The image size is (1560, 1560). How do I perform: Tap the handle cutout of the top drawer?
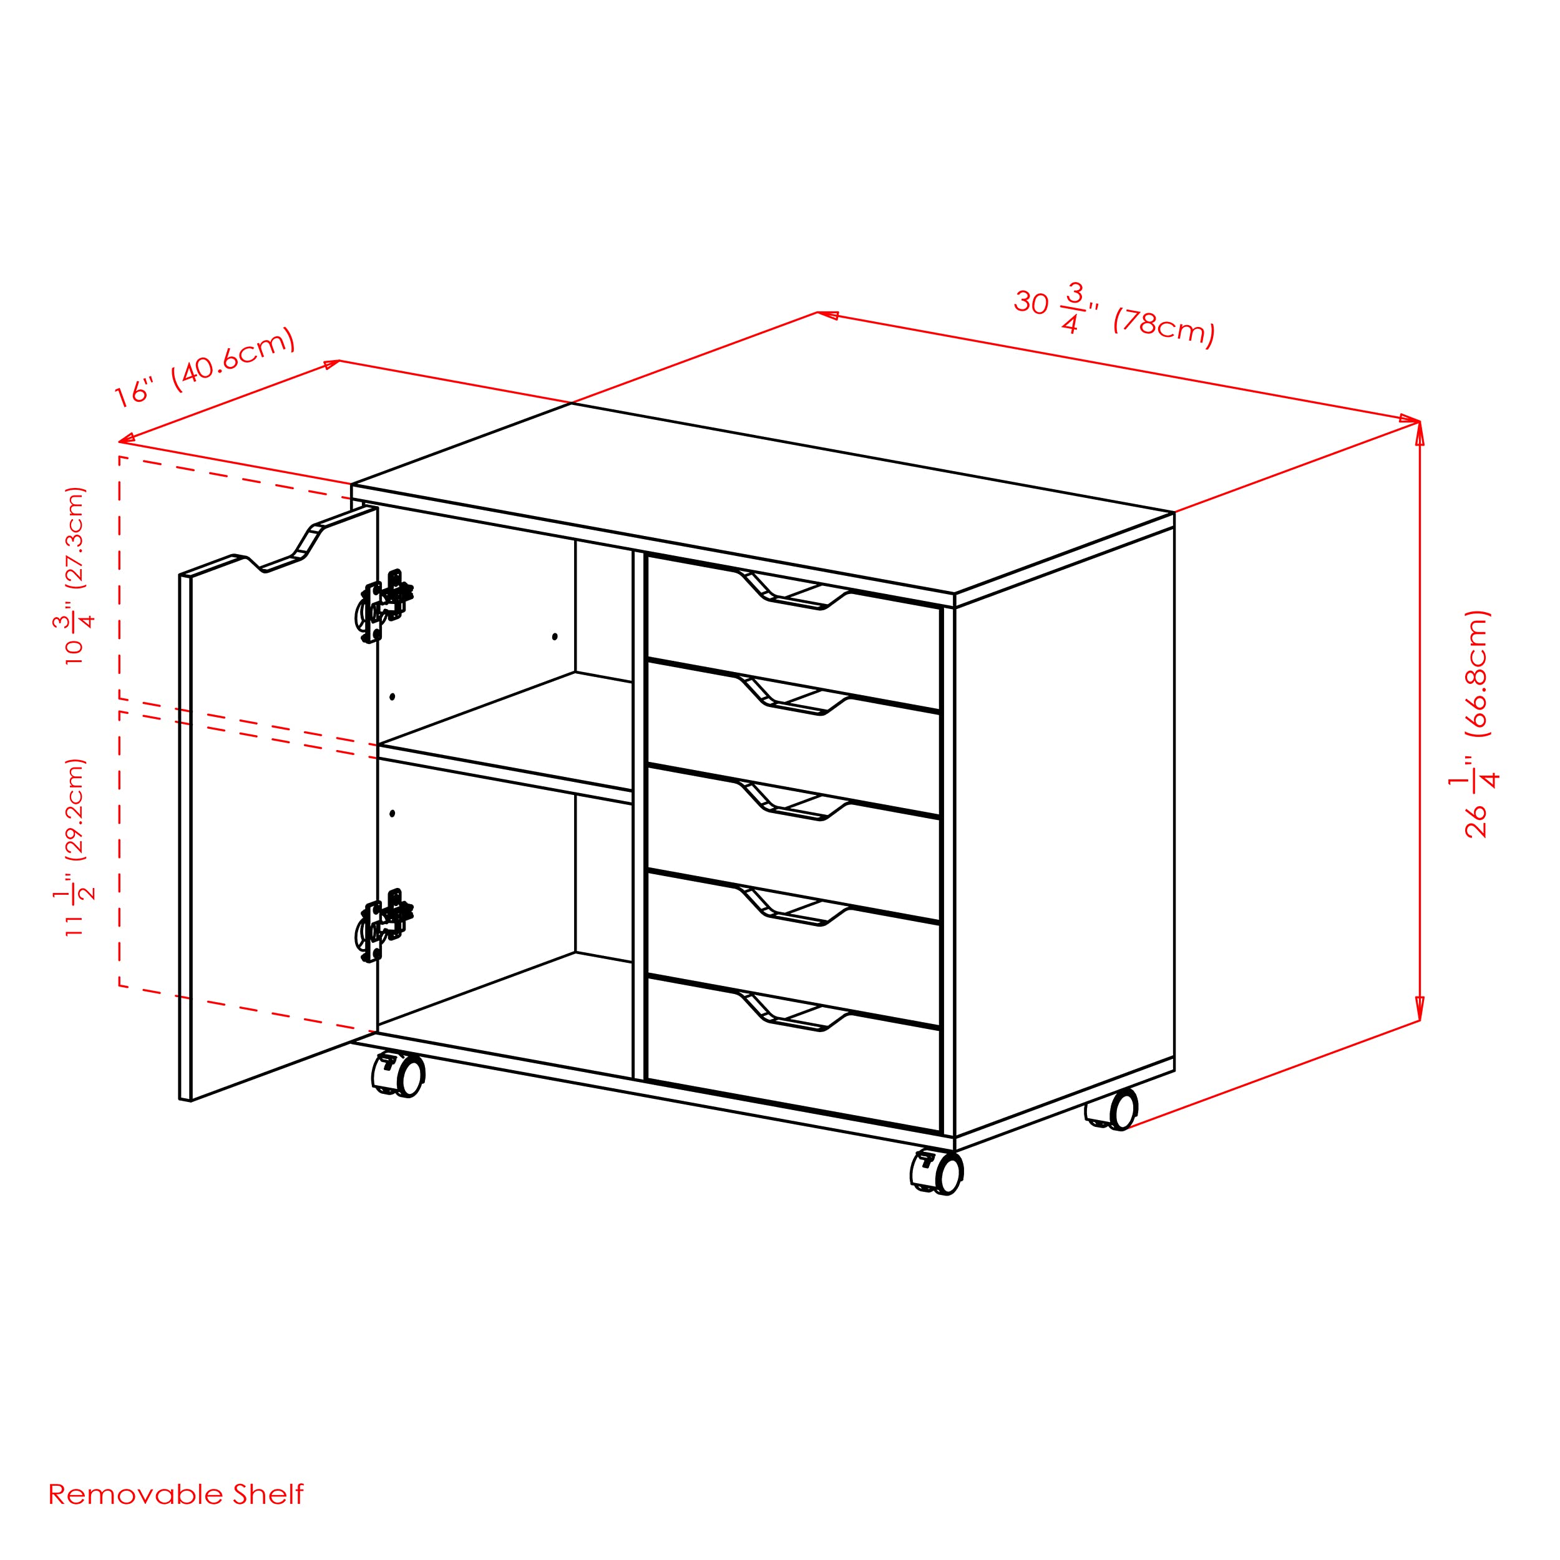point(793,590)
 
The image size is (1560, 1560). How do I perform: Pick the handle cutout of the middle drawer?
point(793,801)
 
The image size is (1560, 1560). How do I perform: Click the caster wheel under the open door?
point(398,1075)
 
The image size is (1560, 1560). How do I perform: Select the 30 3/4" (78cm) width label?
point(1114,316)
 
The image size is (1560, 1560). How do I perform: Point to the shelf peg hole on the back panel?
point(555,637)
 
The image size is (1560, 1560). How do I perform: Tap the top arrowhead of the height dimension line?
point(1420,434)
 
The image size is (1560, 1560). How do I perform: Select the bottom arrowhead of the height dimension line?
point(1420,1008)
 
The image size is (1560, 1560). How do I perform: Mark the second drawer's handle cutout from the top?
point(793,695)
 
